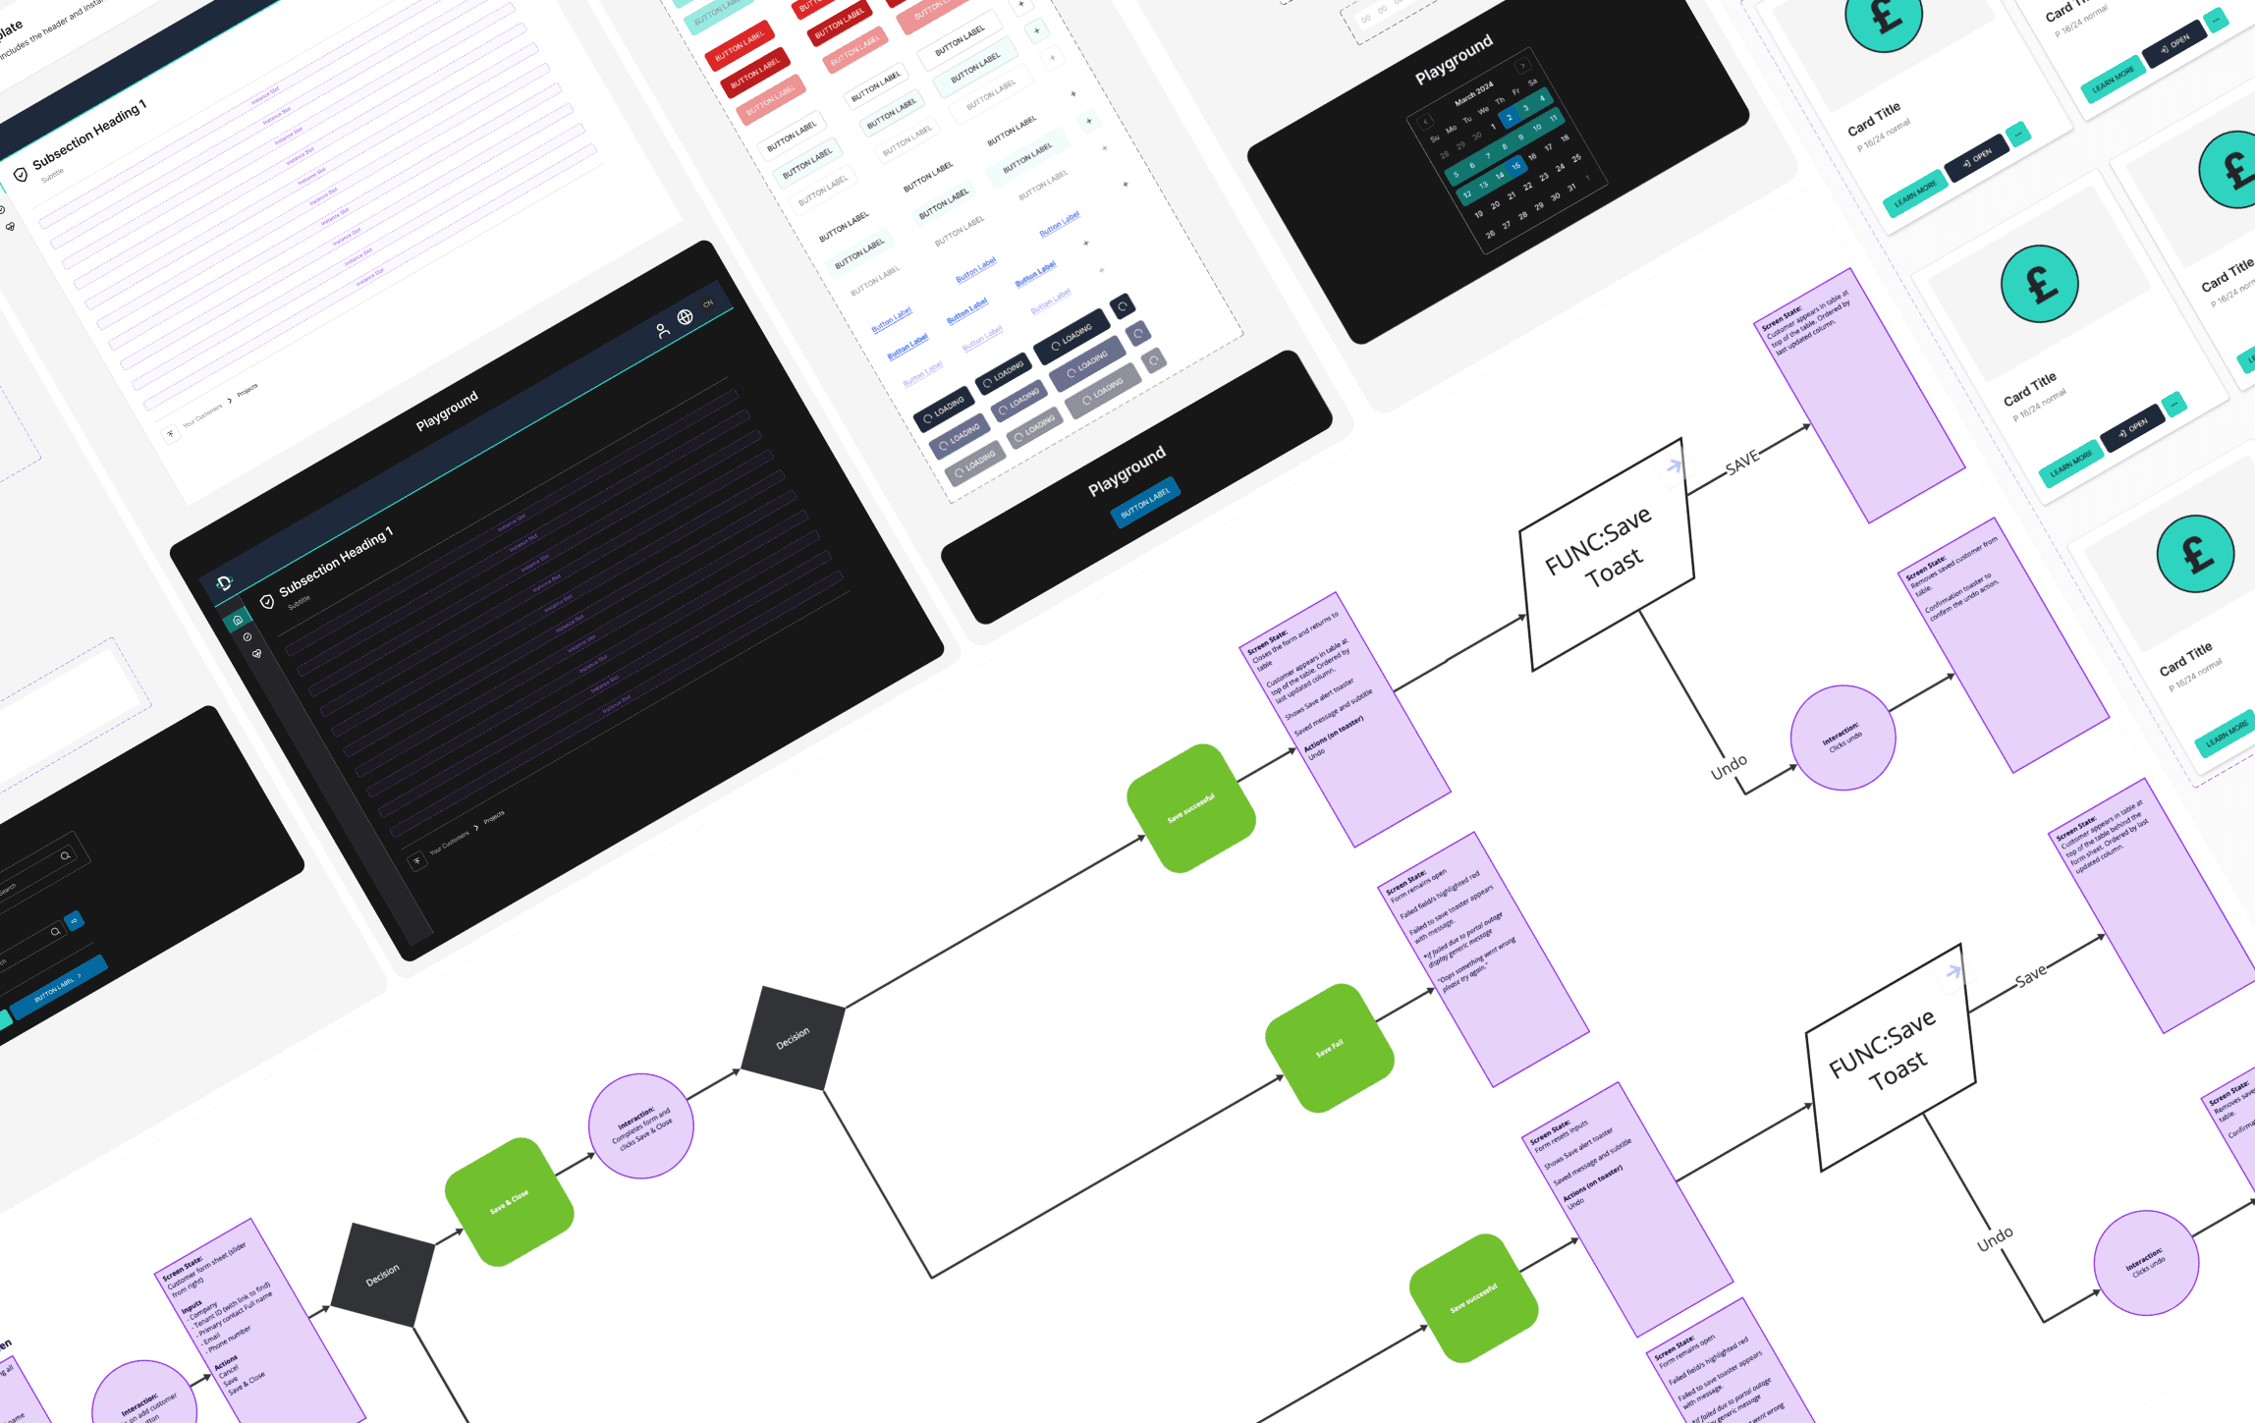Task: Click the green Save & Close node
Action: pos(509,1201)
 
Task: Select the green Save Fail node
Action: pos(1330,1048)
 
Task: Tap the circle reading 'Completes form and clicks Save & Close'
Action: pos(641,1125)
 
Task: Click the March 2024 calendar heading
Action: pos(1473,93)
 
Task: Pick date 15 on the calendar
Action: pos(1515,166)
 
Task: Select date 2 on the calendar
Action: pos(1510,118)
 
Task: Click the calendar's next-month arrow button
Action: pos(1523,67)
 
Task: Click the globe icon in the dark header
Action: pos(685,316)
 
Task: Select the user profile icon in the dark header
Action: pos(663,330)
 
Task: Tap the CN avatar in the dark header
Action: pos(708,303)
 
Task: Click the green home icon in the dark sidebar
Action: pos(238,620)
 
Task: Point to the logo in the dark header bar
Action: pos(224,583)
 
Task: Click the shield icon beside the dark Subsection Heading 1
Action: pos(266,601)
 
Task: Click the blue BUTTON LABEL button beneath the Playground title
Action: pos(1145,501)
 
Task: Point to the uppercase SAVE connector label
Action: pos(1741,463)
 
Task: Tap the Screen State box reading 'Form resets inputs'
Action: pos(1626,1208)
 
